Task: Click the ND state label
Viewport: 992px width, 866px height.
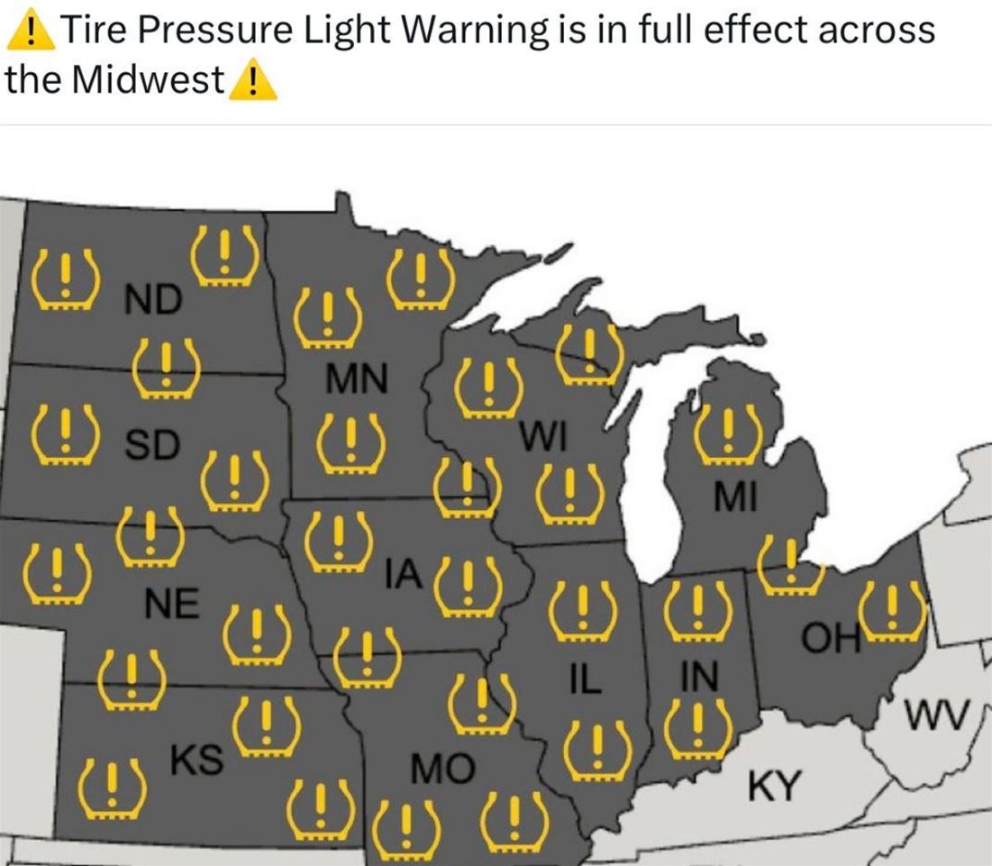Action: point(152,299)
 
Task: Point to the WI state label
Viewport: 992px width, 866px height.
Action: point(543,437)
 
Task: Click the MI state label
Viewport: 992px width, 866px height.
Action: point(734,497)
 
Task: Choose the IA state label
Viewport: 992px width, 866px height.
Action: point(403,574)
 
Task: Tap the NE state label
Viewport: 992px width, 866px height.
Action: point(171,605)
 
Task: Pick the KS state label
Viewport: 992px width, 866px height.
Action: point(196,760)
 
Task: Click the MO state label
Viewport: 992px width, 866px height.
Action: point(441,769)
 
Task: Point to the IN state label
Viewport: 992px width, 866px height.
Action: point(699,677)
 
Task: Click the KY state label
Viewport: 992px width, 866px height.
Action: point(774,786)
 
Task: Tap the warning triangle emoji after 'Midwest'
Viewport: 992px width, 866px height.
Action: point(253,82)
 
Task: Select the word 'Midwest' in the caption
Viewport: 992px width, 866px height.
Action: point(150,80)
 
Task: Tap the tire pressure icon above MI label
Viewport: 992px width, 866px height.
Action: point(727,431)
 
